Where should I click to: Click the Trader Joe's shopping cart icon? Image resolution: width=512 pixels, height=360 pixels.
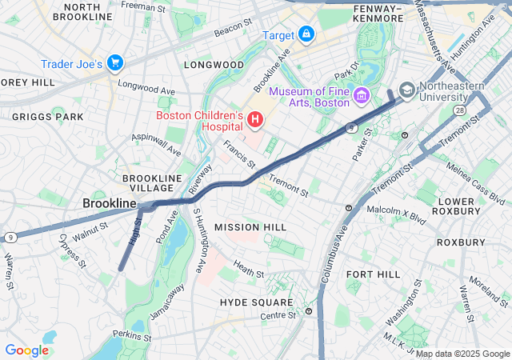click(x=115, y=62)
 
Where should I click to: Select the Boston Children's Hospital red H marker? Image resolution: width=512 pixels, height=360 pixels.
click(x=255, y=121)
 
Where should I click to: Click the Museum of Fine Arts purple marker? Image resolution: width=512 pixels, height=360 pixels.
click(x=361, y=97)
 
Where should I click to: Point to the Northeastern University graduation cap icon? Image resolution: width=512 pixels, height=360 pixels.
click(x=406, y=90)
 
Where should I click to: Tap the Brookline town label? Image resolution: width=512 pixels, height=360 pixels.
click(x=110, y=204)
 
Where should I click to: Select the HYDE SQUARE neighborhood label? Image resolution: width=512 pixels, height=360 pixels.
click(x=256, y=302)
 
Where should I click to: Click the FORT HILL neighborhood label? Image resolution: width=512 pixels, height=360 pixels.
click(x=373, y=274)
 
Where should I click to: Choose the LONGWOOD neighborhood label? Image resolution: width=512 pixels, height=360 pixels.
click(x=214, y=64)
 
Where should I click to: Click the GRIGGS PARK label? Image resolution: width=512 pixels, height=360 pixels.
click(x=47, y=116)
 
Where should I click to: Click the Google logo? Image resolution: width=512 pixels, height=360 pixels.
click(x=26, y=350)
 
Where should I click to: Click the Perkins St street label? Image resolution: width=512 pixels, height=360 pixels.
click(x=131, y=334)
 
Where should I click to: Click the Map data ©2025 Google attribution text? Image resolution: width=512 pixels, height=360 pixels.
click(x=461, y=354)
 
